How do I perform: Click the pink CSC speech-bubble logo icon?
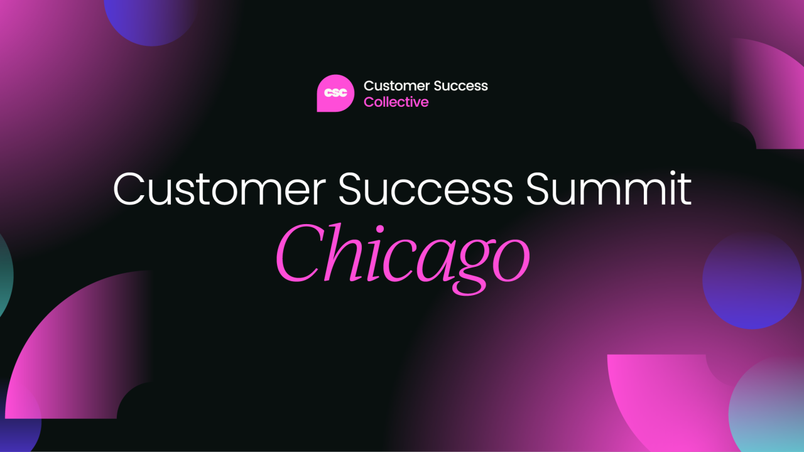[335, 93]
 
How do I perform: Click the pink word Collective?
[396, 102]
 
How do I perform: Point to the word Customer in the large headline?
[220, 189]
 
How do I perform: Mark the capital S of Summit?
[541, 189]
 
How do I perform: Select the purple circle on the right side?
[751, 280]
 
